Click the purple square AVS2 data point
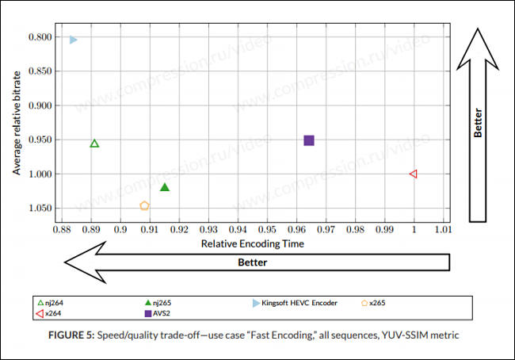309,140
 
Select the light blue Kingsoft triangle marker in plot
73,40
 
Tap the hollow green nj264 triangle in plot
94,144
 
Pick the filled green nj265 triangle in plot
165,187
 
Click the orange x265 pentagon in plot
144,206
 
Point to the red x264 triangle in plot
413,174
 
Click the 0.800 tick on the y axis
40,37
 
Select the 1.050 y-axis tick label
40,209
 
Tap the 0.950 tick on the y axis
40,140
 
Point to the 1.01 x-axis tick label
443,231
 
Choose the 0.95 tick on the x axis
267,231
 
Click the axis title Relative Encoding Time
252,243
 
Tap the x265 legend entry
374,302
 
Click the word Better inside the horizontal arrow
253,262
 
